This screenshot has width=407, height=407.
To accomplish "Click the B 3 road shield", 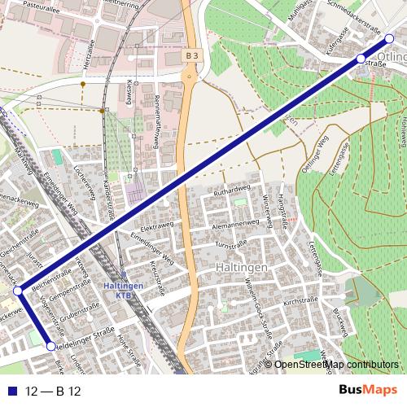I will point(191,55).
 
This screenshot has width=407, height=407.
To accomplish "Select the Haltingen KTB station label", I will point(125,291).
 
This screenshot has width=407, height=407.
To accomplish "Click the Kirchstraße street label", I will point(298,300).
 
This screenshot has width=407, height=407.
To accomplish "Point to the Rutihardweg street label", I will point(230,190).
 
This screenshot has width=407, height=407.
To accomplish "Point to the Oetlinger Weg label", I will point(315,152).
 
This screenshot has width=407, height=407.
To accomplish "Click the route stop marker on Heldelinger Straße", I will point(52,347).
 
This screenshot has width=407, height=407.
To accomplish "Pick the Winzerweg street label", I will point(265,209).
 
